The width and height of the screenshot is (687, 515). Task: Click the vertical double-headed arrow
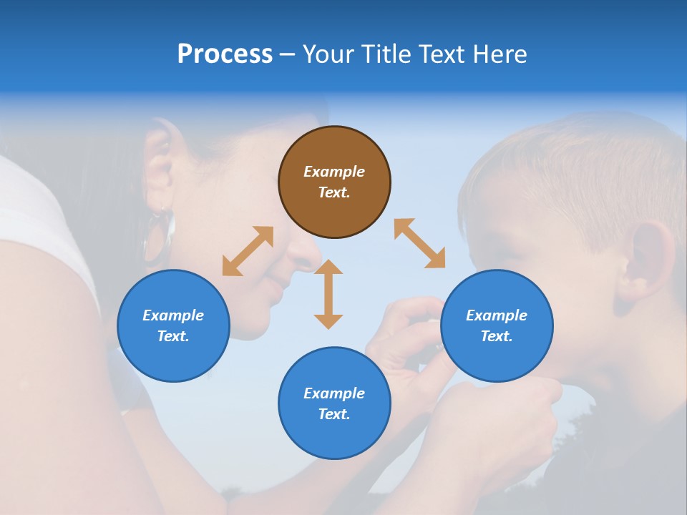pyautogui.click(x=328, y=294)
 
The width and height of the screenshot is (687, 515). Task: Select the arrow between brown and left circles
pyautogui.click(x=248, y=251)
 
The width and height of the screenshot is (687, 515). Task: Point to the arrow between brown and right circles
pyautogui.click(x=419, y=243)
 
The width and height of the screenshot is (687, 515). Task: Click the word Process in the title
pyautogui.click(x=225, y=54)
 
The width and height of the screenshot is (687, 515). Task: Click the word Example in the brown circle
pyautogui.click(x=334, y=172)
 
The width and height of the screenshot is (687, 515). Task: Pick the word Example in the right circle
pyautogui.click(x=497, y=315)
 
